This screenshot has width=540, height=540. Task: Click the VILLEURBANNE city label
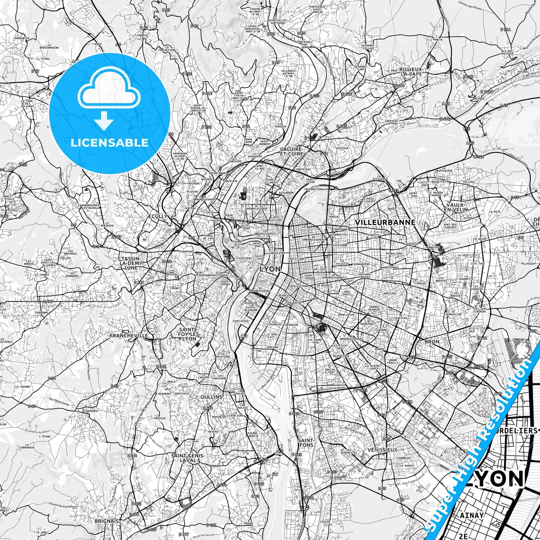(x=385, y=222)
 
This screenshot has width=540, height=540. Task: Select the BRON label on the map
(x=432, y=342)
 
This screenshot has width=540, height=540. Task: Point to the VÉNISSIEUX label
(x=382, y=450)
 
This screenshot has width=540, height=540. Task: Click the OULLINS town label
(x=211, y=397)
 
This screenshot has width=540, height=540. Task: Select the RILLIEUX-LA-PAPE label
(x=411, y=71)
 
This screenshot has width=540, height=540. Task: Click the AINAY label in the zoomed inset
(x=472, y=515)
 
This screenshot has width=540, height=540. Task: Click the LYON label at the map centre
(x=269, y=269)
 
